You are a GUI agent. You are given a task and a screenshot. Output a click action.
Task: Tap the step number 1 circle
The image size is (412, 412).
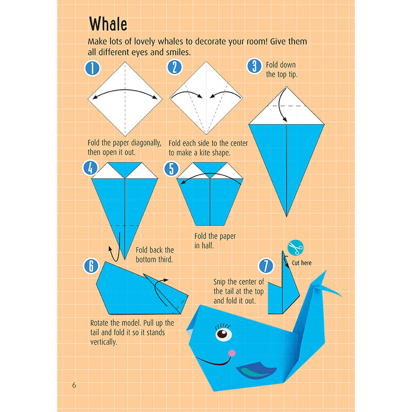pyautogui.click(x=91, y=68)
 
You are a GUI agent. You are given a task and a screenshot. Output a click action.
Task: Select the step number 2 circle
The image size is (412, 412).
pyautogui.click(x=175, y=68)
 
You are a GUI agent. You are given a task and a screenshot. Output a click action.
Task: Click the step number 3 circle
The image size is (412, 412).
pyautogui.click(x=254, y=66)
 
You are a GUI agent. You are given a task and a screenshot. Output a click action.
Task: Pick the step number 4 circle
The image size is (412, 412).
pyautogui.click(x=90, y=168)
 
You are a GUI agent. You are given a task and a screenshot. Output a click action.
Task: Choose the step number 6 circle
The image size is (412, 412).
pyautogui.click(x=91, y=266)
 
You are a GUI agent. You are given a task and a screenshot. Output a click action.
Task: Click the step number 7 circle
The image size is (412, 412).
pyautogui.click(x=265, y=266)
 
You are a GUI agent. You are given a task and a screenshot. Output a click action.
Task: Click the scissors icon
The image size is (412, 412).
pyautogui.click(x=296, y=248)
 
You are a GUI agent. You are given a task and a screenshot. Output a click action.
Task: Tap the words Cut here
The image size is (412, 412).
pyautogui.click(x=302, y=263)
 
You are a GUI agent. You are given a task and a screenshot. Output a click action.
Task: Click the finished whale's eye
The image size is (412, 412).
pyautogui.click(x=222, y=335)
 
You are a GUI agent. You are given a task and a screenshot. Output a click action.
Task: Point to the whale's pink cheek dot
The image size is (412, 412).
pyautogui.click(x=232, y=353)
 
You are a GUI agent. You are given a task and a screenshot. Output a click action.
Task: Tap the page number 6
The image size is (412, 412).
pyautogui.click(x=74, y=385)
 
